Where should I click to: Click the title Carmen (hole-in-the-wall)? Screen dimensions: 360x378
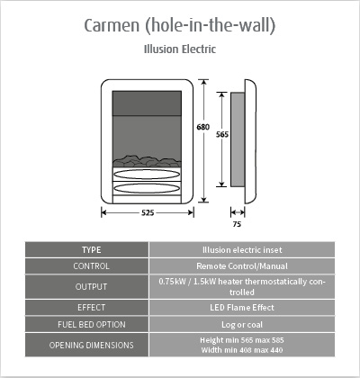(179, 25)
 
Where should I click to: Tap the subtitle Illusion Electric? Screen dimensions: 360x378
(180, 49)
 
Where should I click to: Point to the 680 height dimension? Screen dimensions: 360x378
(203, 127)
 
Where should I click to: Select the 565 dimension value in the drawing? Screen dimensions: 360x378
(222, 134)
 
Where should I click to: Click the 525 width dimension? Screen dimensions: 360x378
(148, 212)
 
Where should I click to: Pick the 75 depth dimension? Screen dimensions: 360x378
(237, 224)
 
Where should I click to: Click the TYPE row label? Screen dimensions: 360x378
(92, 250)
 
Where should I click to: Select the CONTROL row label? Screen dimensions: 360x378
(91, 266)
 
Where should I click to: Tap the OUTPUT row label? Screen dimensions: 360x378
(91, 287)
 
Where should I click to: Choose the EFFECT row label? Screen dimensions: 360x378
(91, 308)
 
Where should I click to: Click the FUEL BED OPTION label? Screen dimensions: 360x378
(92, 324)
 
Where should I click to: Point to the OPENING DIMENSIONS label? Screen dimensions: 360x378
(92, 345)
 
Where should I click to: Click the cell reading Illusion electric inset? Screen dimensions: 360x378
(242, 250)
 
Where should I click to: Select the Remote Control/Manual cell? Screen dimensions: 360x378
(242, 266)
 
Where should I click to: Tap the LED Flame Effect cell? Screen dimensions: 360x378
(242, 308)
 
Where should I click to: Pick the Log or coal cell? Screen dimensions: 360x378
(242, 325)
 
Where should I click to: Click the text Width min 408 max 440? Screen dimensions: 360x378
(242, 350)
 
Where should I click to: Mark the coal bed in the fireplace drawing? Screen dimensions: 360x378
(147, 161)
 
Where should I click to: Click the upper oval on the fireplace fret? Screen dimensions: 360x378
(147, 175)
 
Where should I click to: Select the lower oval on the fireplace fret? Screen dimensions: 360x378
(147, 188)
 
